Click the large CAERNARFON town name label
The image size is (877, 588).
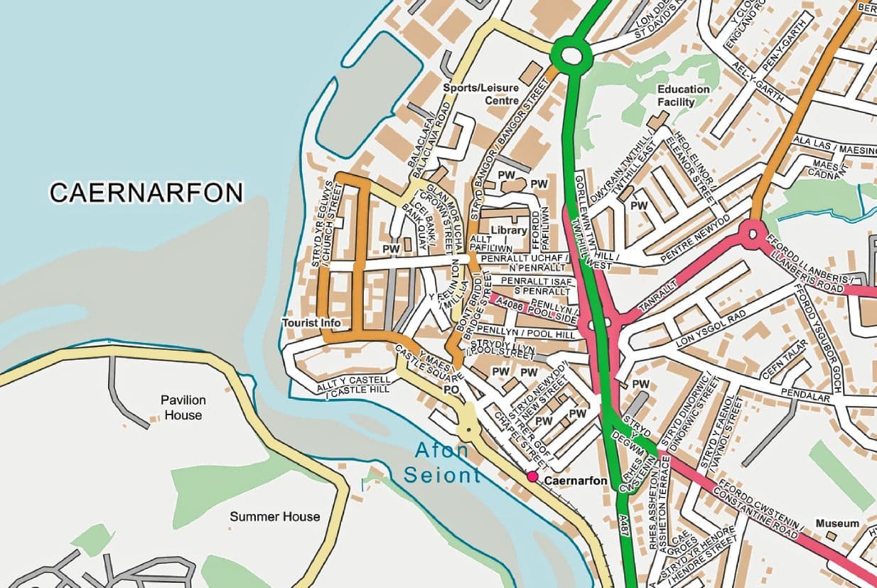(x=146, y=193)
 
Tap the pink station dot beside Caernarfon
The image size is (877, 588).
(x=532, y=476)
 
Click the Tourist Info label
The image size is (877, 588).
(x=311, y=323)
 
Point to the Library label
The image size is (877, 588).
(x=509, y=230)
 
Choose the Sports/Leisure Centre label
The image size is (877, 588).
(x=481, y=94)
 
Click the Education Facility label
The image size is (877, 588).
(x=683, y=95)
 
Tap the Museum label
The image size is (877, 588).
(x=837, y=523)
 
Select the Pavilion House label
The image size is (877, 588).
(x=182, y=407)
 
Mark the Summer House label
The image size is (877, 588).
(x=274, y=516)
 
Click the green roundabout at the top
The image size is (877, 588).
(x=571, y=54)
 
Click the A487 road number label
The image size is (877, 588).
(x=623, y=527)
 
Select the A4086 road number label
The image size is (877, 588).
(x=509, y=303)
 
